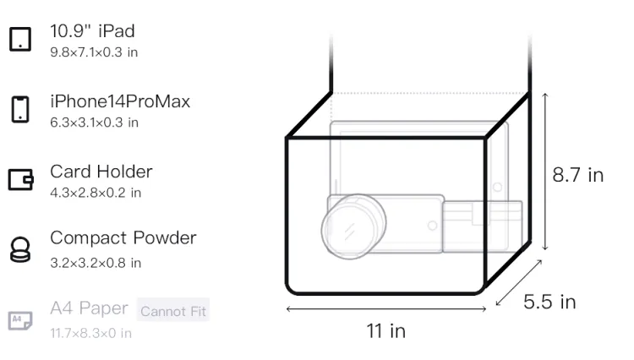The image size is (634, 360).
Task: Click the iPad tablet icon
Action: point(20,39)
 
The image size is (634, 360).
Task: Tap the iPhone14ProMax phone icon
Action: point(20,109)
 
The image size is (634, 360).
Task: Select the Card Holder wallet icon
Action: point(20,179)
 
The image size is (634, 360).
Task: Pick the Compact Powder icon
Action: point(20,249)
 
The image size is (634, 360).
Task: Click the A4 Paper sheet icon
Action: point(20,320)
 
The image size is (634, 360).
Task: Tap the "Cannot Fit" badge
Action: point(173,311)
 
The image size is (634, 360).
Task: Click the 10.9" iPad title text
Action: point(92,31)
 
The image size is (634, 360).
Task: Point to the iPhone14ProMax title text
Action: point(120,101)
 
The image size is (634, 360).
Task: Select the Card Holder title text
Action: point(101,172)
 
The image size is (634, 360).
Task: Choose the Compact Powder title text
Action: point(123,238)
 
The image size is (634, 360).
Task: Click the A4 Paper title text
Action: point(90,308)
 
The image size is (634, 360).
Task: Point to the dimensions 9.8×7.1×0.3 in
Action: point(94,52)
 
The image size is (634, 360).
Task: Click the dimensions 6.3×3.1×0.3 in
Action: point(94,123)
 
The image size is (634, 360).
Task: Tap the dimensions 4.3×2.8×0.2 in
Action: point(96,193)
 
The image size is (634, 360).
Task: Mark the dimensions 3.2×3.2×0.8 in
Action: point(96,263)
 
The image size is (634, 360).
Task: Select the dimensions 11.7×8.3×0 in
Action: point(90,333)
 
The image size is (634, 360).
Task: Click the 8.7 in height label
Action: point(578,175)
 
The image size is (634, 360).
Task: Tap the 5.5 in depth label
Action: point(549,302)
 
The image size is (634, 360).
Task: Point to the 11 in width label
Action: point(385,331)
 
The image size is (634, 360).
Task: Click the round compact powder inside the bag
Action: point(353,226)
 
